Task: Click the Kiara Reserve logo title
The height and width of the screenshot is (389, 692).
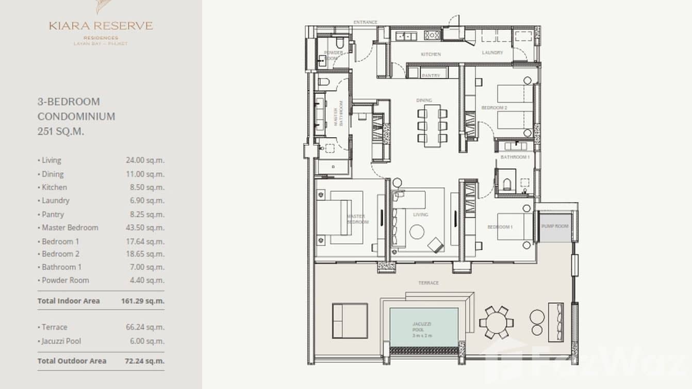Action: pyautogui.click(x=101, y=26)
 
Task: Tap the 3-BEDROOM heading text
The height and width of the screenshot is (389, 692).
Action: pyautogui.click(x=69, y=102)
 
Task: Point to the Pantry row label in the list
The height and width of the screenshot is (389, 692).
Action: pyautogui.click(x=53, y=214)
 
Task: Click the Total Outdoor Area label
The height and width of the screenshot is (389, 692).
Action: pyautogui.click(x=72, y=361)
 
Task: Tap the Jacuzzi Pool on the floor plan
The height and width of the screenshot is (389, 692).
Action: pyautogui.click(x=423, y=327)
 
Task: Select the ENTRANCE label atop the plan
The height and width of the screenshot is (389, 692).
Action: pyautogui.click(x=365, y=23)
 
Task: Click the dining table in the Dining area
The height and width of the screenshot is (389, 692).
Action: pyautogui.click(x=432, y=125)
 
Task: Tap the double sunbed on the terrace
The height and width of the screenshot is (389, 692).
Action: pyautogui.click(x=350, y=320)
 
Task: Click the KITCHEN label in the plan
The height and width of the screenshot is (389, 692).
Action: pyautogui.click(x=431, y=54)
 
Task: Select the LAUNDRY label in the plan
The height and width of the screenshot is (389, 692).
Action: pyautogui.click(x=492, y=53)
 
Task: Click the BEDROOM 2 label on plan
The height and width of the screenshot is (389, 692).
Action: pyautogui.click(x=494, y=108)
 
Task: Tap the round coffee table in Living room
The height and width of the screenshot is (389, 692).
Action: pyautogui.click(x=417, y=232)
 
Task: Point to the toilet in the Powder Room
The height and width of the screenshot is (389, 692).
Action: pyautogui.click(x=339, y=42)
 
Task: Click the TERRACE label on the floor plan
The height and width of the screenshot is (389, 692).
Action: pyautogui.click(x=429, y=283)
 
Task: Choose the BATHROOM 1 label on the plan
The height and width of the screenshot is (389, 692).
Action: pyautogui.click(x=515, y=157)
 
